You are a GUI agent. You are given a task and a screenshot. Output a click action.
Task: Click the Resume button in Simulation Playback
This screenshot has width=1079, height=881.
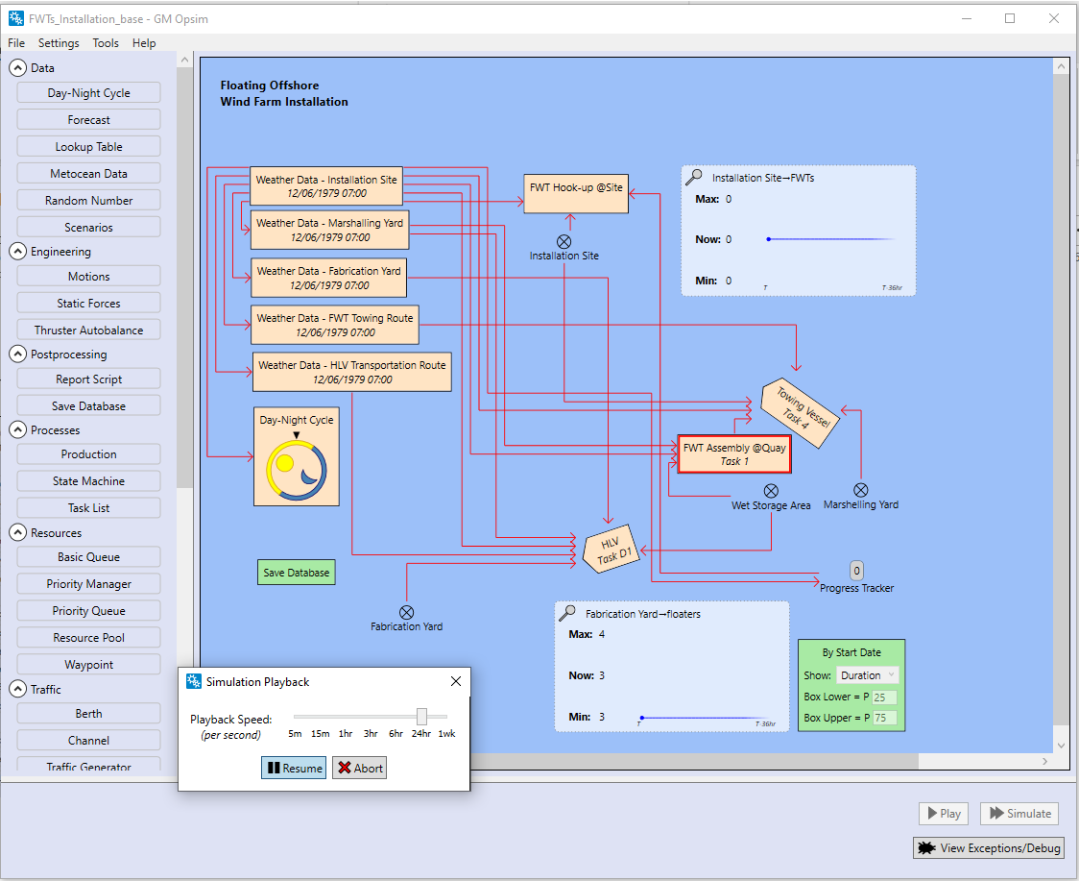(x=294, y=768)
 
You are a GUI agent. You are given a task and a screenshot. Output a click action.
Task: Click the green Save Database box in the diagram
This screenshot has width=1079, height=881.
(x=296, y=573)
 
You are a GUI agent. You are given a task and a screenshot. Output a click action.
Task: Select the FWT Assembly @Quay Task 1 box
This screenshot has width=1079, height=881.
(x=734, y=454)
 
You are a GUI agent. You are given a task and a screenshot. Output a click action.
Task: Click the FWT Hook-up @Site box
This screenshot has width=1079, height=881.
(x=576, y=193)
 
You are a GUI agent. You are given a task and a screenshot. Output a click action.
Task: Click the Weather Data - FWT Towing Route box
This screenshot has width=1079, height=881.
(x=335, y=325)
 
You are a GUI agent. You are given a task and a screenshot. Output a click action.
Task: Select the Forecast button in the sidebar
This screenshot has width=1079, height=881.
(x=88, y=120)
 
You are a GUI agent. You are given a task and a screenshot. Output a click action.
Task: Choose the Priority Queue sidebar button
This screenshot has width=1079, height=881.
(x=88, y=611)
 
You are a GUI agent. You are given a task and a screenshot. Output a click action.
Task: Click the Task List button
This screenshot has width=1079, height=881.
(x=88, y=508)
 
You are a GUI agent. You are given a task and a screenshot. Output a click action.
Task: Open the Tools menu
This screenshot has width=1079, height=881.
(x=106, y=43)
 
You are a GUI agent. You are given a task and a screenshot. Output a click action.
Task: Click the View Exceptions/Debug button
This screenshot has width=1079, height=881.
(x=989, y=848)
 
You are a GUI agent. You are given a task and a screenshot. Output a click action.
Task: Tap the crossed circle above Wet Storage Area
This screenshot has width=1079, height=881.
(x=771, y=491)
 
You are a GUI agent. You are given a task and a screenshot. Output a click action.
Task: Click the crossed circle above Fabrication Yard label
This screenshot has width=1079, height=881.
(x=407, y=612)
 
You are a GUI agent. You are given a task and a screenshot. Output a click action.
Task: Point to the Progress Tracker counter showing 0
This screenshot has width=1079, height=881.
(x=857, y=571)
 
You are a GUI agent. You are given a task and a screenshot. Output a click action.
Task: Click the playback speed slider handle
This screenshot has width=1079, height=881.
(x=421, y=716)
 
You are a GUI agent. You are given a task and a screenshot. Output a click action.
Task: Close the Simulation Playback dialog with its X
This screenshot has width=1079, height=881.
(x=456, y=681)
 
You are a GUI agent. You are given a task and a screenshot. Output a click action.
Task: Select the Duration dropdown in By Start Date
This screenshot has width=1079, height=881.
(x=867, y=675)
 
